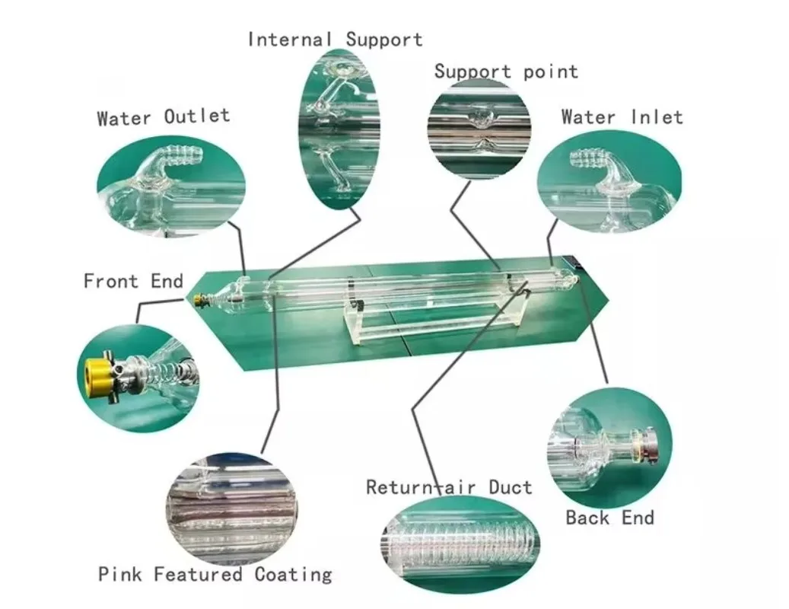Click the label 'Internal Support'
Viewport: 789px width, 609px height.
tap(335, 39)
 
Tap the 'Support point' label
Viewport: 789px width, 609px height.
tap(506, 72)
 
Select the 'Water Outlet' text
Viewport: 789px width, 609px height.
tap(163, 117)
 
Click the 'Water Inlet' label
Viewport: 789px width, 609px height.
tap(622, 117)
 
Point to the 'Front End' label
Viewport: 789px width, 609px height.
tap(133, 281)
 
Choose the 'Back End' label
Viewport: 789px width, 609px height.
tap(609, 518)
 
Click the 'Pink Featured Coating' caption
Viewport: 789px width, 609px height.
tap(215, 573)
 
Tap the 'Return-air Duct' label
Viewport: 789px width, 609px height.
tap(449, 487)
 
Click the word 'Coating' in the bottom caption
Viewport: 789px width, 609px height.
tap(294, 573)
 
